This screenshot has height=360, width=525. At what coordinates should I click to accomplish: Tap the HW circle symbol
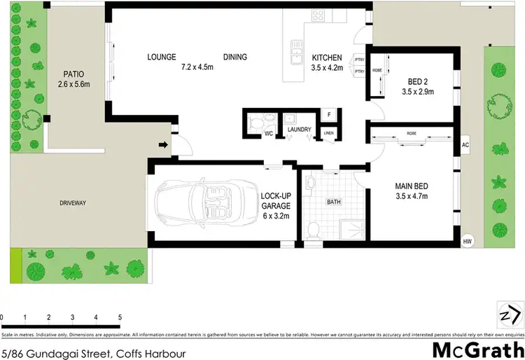(x=467, y=242)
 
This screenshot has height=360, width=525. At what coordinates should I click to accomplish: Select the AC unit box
(x=465, y=146)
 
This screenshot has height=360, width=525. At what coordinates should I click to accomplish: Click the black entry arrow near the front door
(x=163, y=146)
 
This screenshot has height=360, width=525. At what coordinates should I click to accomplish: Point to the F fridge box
(x=328, y=115)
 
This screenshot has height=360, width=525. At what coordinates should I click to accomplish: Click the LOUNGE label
(x=162, y=57)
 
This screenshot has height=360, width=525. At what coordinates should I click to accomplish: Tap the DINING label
(x=235, y=57)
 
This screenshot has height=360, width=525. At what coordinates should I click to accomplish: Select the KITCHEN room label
(x=327, y=58)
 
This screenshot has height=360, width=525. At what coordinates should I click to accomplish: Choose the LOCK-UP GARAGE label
(x=276, y=201)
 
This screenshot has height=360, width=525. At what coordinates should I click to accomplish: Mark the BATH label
(x=335, y=202)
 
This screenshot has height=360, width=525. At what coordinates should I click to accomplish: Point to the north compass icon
(x=510, y=313)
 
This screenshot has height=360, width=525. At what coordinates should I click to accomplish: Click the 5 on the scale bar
(x=120, y=317)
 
